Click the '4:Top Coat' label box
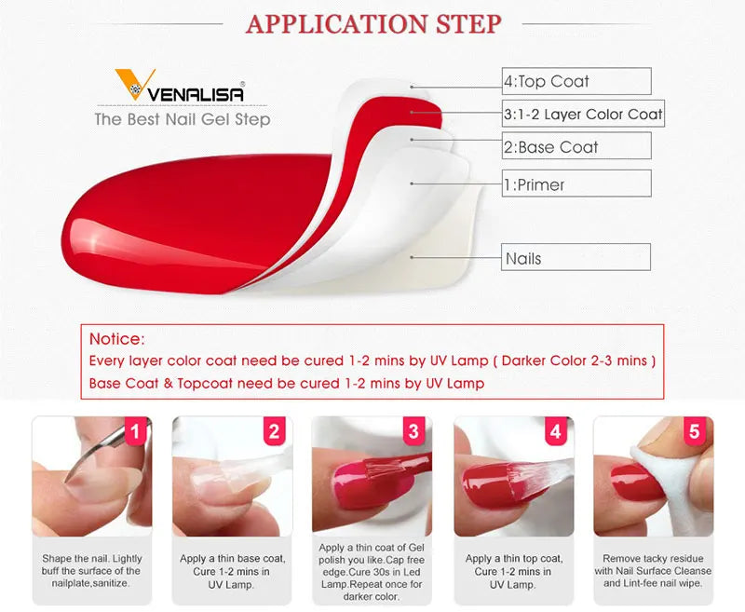576,81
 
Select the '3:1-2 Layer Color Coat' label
583,114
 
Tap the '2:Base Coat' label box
576,146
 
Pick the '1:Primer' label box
576,184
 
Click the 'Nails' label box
576,257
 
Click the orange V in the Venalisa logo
134,84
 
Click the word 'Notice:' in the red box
117,339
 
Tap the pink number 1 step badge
136,431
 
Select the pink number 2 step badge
275,431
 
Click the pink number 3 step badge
413,431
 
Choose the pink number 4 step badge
555,431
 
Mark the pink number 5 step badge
695,431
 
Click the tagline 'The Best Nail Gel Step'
183,119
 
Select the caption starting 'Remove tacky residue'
654,571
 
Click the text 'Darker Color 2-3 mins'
575,360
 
